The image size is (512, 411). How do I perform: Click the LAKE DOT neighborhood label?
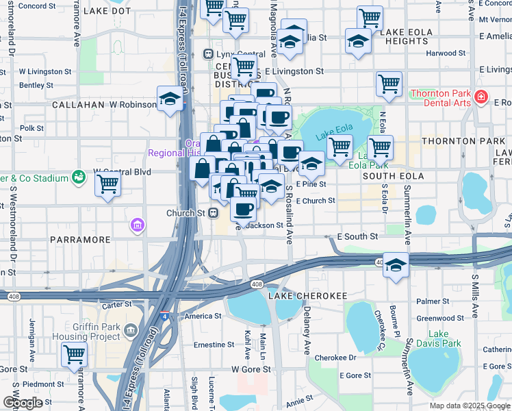click(106, 12)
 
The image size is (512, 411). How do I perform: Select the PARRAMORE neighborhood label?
click(80, 240)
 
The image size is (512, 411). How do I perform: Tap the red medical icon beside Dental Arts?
click(482, 97)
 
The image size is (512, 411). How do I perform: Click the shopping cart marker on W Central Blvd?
click(108, 184)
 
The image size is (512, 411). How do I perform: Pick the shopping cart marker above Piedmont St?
click(74, 356)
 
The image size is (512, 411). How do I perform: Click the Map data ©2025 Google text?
click(469, 406)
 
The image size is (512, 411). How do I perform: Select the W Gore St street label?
click(251, 369)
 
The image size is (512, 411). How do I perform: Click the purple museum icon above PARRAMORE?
click(137, 224)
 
